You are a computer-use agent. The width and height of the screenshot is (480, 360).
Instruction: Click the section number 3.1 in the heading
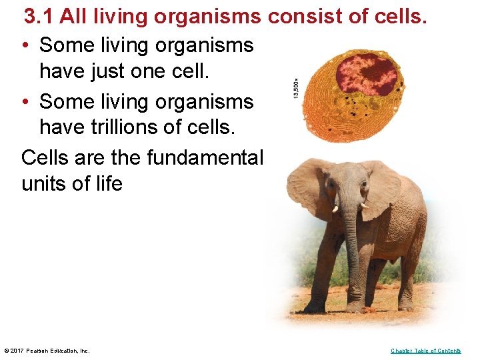(x=39, y=16)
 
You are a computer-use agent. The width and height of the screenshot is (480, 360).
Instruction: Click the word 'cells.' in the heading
(x=399, y=16)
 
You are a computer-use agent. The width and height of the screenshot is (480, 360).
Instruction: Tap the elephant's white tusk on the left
(x=335, y=209)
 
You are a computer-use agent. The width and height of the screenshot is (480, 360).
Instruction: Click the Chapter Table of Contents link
(x=425, y=351)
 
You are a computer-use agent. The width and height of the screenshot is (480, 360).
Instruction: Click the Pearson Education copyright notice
(x=47, y=351)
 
